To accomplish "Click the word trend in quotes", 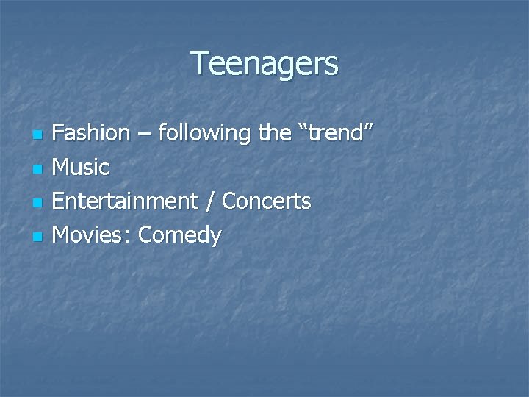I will [x=337, y=133].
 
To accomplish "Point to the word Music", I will [x=82, y=168].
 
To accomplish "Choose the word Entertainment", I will [x=126, y=201].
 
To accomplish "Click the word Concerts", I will [x=267, y=201].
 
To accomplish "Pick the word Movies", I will [x=91, y=235].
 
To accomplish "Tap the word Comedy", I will [x=179, y=236].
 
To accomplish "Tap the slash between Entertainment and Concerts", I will [x=210, y=201].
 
